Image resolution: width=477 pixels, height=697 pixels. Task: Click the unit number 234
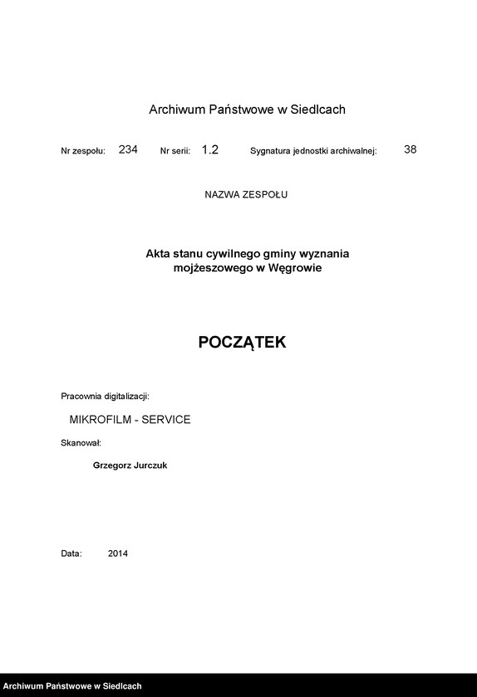(128, 150)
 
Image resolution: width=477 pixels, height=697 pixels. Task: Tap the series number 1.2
(210, 150)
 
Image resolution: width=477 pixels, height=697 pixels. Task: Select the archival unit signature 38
(410, 150)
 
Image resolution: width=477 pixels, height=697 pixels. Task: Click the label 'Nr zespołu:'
(83, 152)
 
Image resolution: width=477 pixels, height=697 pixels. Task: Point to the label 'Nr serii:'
(175, 152)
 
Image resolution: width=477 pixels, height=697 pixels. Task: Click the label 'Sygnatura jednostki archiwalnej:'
(313, 152)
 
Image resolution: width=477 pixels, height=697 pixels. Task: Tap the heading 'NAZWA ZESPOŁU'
(246, 195)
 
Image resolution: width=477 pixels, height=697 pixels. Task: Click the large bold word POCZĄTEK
(242, 343)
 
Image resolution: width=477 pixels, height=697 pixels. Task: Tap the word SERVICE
(166, 420)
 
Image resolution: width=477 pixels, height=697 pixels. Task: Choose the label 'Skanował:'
(81, 443)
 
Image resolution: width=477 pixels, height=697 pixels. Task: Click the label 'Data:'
(71, 553)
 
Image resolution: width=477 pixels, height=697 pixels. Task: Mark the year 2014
(118, 553)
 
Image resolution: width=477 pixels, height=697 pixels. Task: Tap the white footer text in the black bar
(72, 686)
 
